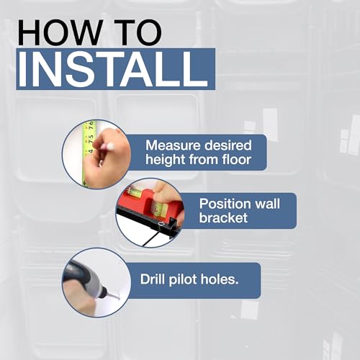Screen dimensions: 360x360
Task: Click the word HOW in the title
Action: click(60, 32)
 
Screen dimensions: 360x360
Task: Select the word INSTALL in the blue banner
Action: click(113, 69)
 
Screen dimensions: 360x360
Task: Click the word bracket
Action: click(223, 218)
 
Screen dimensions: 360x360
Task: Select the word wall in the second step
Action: click(267, 204)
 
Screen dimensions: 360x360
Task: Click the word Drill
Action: click(153, 279)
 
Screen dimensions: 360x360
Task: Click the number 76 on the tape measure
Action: click(91, 126)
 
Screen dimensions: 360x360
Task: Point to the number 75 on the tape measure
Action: click(91, 139)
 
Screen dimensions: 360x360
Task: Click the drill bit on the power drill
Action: click(112, 297)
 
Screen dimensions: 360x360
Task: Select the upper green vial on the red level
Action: click(132, 192)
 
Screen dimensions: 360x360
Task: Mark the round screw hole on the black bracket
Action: click(161, 225)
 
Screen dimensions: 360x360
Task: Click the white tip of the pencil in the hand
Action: click(111, 145)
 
